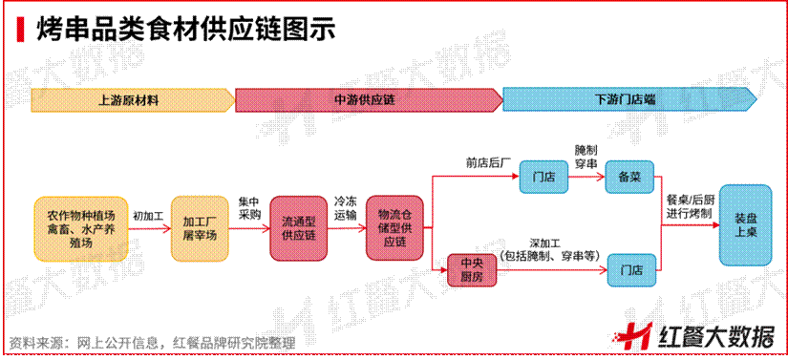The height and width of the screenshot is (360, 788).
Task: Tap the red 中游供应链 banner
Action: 368,98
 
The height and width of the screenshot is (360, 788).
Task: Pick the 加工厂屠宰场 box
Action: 202,228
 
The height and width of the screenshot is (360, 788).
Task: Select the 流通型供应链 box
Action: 298,228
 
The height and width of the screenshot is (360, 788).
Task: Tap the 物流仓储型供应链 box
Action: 394,228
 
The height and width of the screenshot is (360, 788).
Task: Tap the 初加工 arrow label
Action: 147,216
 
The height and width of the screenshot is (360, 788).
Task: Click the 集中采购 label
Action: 247,209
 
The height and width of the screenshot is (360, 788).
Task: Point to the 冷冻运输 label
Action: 345,209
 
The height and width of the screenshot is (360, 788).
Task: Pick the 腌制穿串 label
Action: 586,158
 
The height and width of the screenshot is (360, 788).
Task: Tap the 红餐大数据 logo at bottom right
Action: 697,334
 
